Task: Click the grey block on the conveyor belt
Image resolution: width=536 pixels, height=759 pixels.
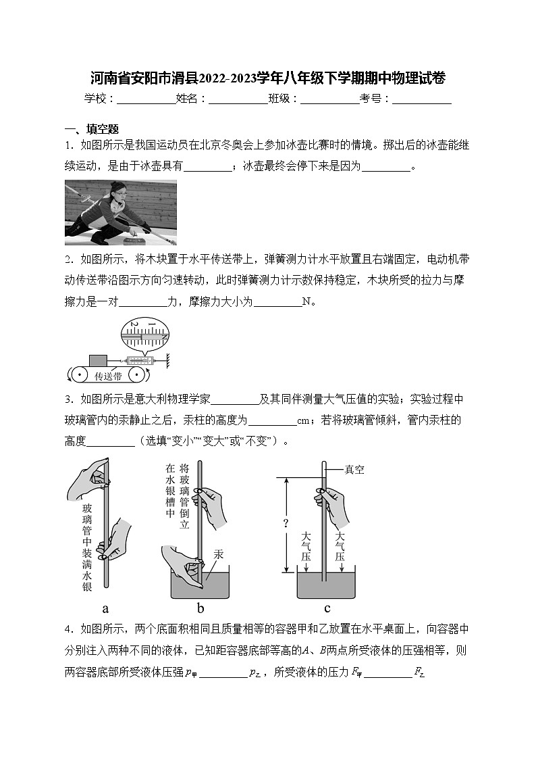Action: click(x=98, y=361)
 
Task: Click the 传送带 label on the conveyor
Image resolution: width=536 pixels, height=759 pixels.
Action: click(x=108, y=376)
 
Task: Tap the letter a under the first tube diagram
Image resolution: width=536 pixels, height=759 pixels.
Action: click(x=105, y=608)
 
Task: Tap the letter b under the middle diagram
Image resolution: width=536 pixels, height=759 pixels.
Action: click(x=200, y=608)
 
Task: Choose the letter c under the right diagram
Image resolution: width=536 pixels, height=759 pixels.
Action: click(x=327, y=608)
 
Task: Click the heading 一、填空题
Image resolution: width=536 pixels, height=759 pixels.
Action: click(x=92, y=129)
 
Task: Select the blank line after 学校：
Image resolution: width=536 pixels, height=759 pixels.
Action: click(x=146, y=99)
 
